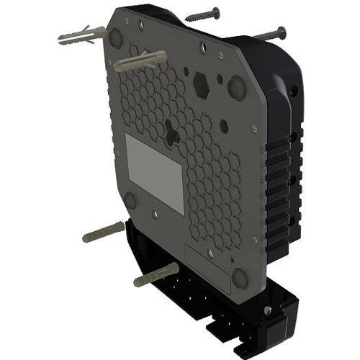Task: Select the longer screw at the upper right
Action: tap(271, 34)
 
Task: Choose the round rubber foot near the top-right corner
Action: tap(235, 85)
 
